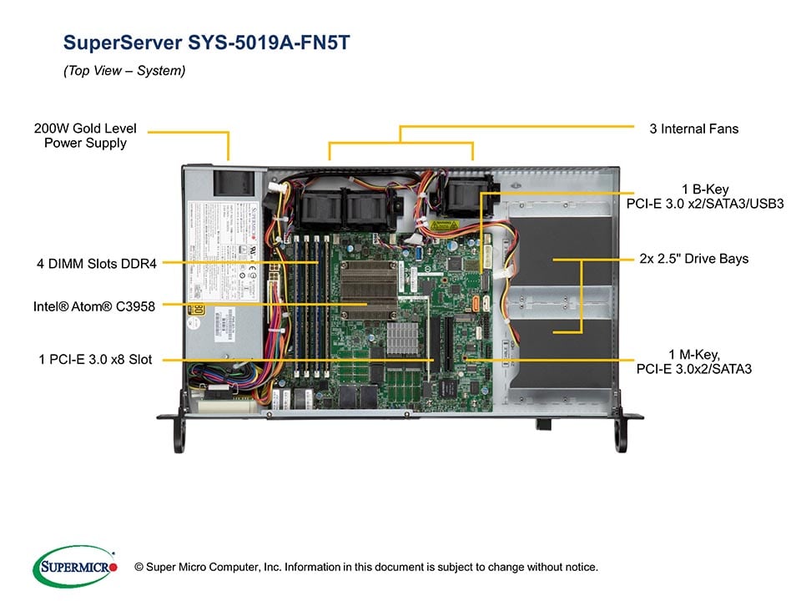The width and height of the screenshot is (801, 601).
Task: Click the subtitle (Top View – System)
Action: (x=124, y=71)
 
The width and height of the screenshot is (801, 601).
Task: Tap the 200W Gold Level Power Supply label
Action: (x=85, y=136)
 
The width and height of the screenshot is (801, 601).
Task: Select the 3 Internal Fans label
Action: (x=693, y=129)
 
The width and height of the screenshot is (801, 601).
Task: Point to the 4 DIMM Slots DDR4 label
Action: (x=95, y=265)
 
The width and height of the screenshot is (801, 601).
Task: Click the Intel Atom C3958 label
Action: (x=93, y=306)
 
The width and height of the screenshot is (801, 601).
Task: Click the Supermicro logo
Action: (x=75, y=566)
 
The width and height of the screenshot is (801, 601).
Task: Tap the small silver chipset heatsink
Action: (x=401, y=336)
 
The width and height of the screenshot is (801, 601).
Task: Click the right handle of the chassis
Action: (x=622, y=434)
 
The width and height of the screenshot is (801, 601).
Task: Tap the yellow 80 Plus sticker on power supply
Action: (x=197, y=310)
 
